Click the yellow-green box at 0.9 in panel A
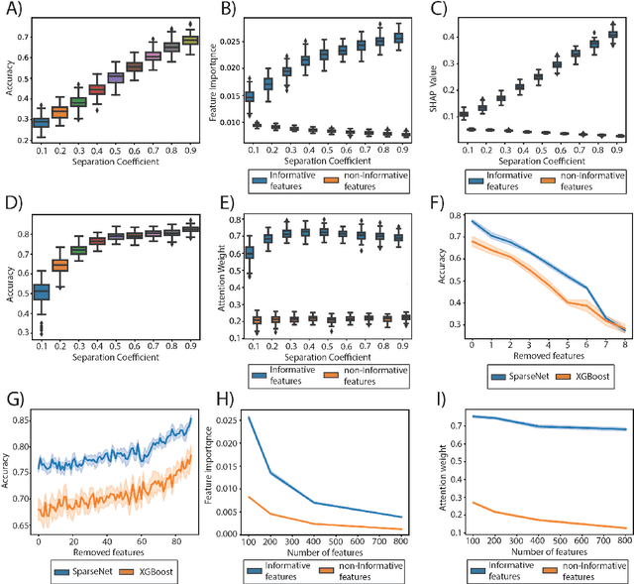click(x=191, y=40)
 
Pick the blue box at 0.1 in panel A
click(x=41, y=124)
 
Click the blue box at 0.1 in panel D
click(x=41, y=292)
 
